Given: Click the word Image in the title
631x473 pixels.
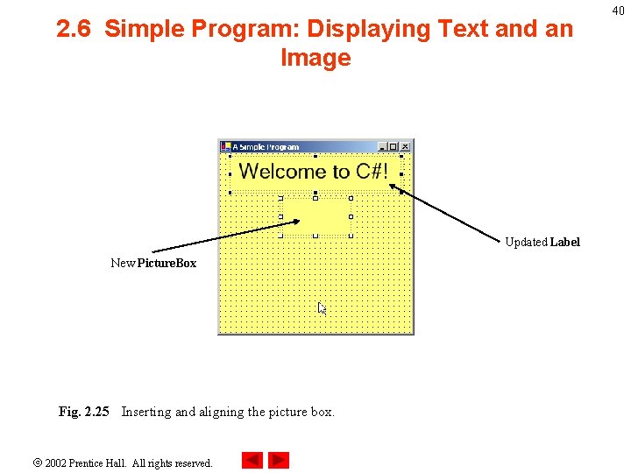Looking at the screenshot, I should (x=315, y=59).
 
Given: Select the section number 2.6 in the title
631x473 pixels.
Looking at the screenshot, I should (x=75, y=30).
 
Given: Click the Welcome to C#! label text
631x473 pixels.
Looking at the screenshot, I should (x=314, y=172).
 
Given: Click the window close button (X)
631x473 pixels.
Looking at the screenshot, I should (x=405, y=147).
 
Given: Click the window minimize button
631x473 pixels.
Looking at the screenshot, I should (x=382, y=147).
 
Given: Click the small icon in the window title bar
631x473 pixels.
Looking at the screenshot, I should (x=225, y=147).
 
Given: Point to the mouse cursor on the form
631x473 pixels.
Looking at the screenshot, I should (x=321, y=307).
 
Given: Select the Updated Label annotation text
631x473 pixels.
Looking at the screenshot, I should (x=542, y=242).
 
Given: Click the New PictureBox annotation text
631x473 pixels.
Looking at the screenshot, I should (x=153, y=263).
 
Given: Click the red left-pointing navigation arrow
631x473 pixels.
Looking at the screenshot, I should (x=252, y=460).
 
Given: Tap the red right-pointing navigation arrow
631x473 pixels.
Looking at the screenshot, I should (x=279, y=460).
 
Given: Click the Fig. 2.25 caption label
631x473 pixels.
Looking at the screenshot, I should (x=84, y=412).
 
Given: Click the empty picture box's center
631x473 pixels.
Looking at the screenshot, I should (x=315, y=216).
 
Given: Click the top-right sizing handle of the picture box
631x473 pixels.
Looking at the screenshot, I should (x=351, y=198).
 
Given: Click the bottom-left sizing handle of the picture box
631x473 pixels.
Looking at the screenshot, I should (x=280, y=236).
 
